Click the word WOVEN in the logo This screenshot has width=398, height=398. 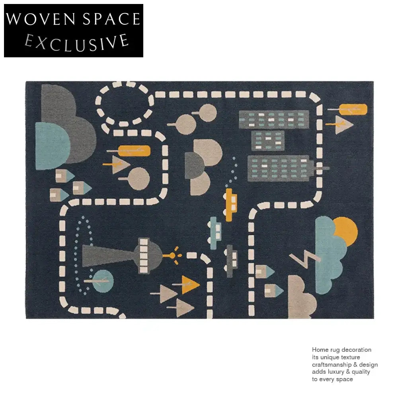click(x=41, y=19)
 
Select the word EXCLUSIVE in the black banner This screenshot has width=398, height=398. click(x=76, y=43)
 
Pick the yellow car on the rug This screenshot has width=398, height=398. click(x=230, y=205)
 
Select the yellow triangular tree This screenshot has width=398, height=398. click(x=189, y=285)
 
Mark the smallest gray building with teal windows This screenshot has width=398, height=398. click(x=268, y=140)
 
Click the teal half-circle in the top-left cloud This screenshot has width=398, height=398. click(x=53, y=146)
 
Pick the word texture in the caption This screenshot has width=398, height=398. click(x=350, y=357)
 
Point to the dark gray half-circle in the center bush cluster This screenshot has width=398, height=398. click(x=194, y=165)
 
